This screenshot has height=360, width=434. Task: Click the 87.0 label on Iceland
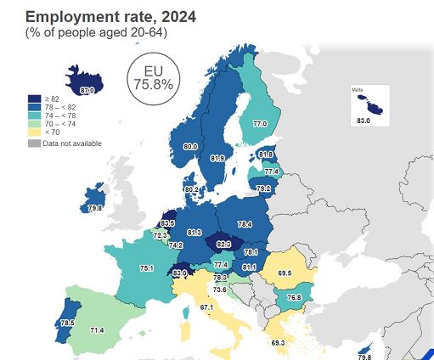pyautogui.click(x=87, y=89)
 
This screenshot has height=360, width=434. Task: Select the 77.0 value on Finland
pyautogui.click(x=260, y=124)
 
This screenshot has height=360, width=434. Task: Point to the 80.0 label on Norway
pyautogui.click(x=190, y=147)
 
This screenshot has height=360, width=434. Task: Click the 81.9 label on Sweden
pyautogui.click(x=217, y=158)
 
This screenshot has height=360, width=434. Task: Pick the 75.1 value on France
pyautogui.click(x=146, y=268)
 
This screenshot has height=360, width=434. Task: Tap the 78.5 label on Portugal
pyautogui.click(x=42, y=323)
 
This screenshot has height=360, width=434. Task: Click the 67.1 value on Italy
pyautogui.click(x=206, y=307)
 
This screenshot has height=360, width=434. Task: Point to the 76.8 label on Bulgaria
pyautogui.click(x=294, y=298)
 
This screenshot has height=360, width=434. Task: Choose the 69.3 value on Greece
pyautogui.click(x=279, y=342)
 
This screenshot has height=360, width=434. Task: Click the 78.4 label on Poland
pyautogui.click(x=245, y=224)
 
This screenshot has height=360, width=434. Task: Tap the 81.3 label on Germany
pyautogui.click(x=194, y=232)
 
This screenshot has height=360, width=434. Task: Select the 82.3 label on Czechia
pyautogui.click(x=224, y=244)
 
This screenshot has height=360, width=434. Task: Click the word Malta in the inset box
pyautogui.click(x=358, y=89)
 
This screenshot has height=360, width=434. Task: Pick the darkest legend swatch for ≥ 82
pyautogui.click(x=33, y=98)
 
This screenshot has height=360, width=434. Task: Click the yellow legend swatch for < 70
pyautogui.click(x=33, y=132)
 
